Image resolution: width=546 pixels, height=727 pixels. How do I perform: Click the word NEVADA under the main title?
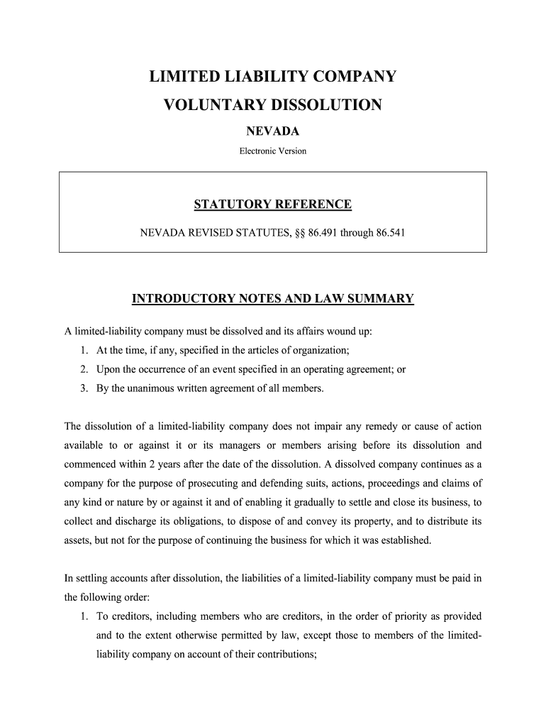point(272,131)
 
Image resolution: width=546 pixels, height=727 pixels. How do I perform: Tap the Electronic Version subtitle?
point(272,151)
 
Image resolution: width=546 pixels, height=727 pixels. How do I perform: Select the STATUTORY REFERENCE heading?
point(272,205)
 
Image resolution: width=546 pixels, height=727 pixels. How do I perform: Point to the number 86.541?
point(386,232)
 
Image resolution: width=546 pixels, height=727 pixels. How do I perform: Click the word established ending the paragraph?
point(405,540)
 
